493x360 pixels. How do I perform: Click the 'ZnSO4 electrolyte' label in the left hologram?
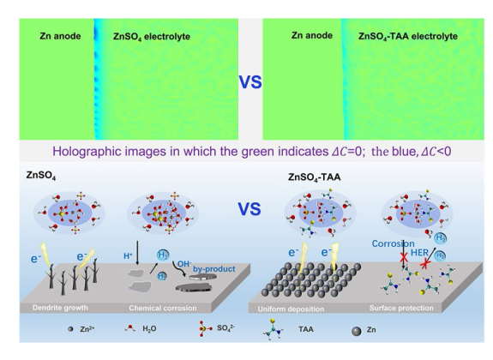(x=152, y=37)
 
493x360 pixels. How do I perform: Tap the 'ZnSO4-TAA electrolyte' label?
(x=408, y=36)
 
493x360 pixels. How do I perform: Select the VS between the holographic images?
(x=250, y=82)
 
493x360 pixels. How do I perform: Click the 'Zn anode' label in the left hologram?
(x=60, y=36)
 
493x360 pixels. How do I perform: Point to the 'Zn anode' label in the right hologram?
(x=312, y=35)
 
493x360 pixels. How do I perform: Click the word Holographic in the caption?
(x=87, y=152)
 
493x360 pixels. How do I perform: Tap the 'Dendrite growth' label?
(x=60, y=308)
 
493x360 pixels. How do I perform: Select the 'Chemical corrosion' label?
(x=163, y=308)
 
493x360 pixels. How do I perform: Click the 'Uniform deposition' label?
(x=291, y=309)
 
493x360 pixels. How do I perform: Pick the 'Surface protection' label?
(x=401, y=308)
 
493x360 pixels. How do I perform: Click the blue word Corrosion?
(x=393, y=243)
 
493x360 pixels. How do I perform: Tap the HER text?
(x=419, y=253)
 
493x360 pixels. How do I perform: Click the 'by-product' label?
(x=213, y=269)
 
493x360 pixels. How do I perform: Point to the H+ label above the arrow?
(x=128, y=256)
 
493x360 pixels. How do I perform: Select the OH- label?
(x=184, y=264)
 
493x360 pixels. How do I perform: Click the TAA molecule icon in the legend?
(x=273, y=329)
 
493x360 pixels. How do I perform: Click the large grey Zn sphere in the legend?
(x=356, y=331)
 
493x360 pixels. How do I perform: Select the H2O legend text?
(x=149, y=329)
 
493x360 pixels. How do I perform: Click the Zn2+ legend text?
(x=87, y=329)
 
